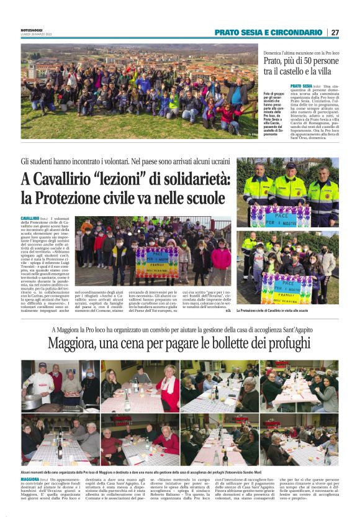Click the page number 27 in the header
click(335, 32)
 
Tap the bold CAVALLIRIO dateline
click(30, 219)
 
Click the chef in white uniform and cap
click(38, 385)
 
